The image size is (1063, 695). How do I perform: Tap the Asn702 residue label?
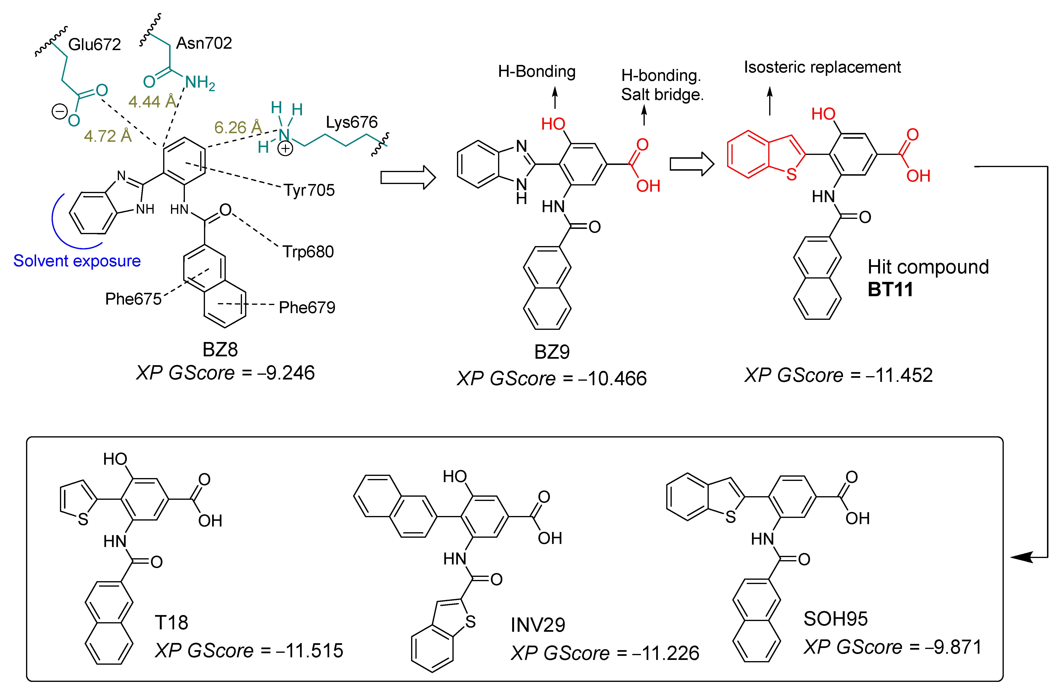point(204,43)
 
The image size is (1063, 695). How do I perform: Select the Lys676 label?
point(351,122)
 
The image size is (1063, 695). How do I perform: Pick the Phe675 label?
point(133,299)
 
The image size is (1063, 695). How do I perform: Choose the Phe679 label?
point(307,307)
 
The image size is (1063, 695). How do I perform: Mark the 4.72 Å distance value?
point(108,136)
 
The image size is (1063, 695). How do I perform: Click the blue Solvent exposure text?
point(77,261)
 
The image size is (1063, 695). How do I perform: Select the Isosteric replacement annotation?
point(822,67)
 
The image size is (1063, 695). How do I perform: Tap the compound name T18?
point(172,622)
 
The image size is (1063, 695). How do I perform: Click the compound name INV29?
point(538,624)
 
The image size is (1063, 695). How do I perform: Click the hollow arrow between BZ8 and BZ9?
point(407,178)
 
